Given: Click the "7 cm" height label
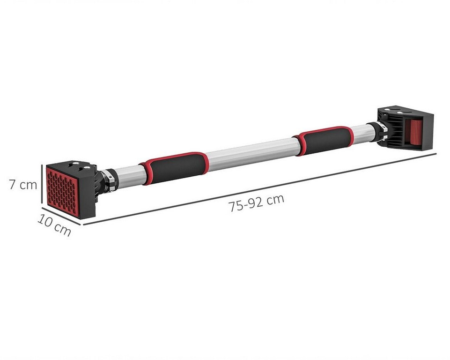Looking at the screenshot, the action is pyautogui.click(x=23, y=184).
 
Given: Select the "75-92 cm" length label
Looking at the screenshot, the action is pyautogui.click(x=256, y=202).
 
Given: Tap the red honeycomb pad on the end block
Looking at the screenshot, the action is pyautogui.click(x=62, y=191).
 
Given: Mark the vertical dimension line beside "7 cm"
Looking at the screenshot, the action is pyautogui.click(x=42, y=186).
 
